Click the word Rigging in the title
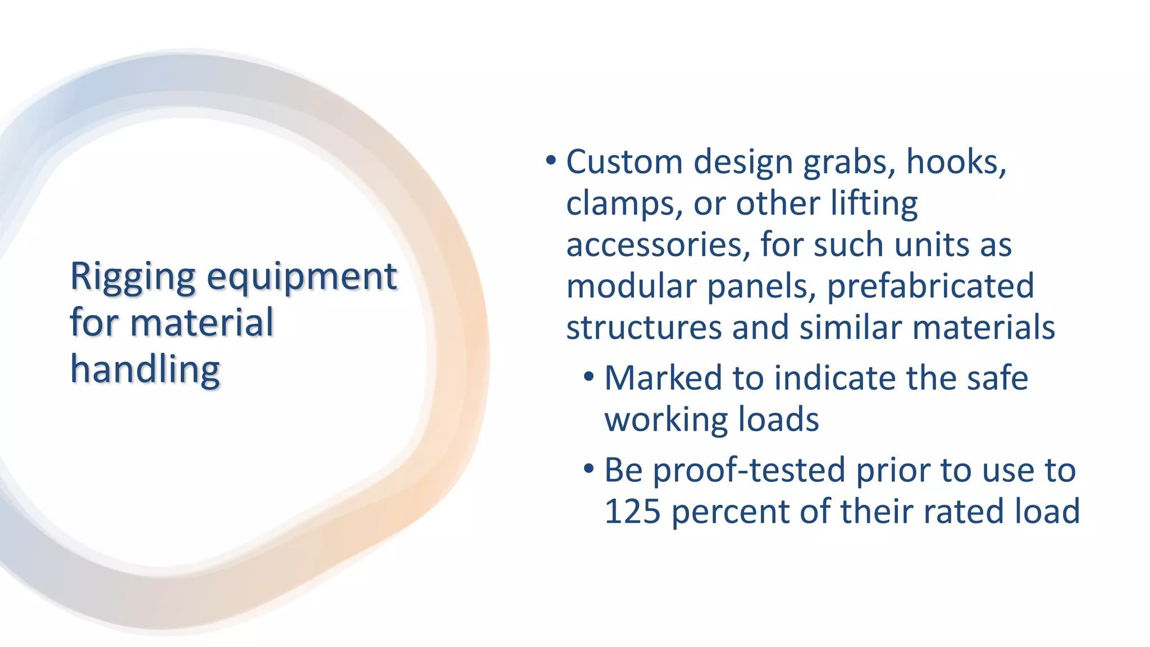[133, 277]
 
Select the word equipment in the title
[302, 277]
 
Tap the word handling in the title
[145, 371]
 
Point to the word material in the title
[202, 323]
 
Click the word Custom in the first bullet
[624, 162]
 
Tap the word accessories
[658, 245]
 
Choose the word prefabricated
[930, 286]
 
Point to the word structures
[644, 327]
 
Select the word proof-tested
[749, 470]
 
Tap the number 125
[632, 512]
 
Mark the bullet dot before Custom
[551, 161]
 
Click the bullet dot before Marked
[588, 377]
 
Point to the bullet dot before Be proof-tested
[588, 469]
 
